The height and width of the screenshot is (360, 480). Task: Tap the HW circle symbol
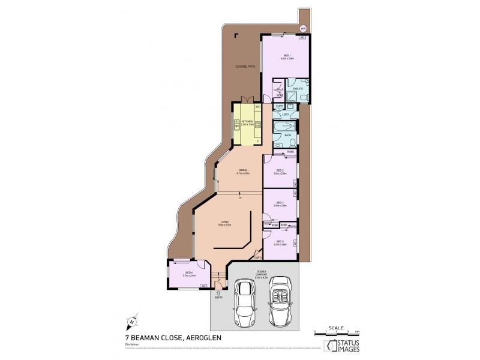[303, 29]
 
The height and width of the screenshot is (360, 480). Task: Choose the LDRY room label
[286, 114]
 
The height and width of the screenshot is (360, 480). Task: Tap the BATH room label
[287, 136]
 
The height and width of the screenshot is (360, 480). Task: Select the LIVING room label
[224, 223]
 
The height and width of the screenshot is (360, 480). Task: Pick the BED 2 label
[280, 171]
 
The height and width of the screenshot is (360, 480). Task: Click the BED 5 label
[280, 242]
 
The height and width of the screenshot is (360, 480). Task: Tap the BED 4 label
[188, 273]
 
